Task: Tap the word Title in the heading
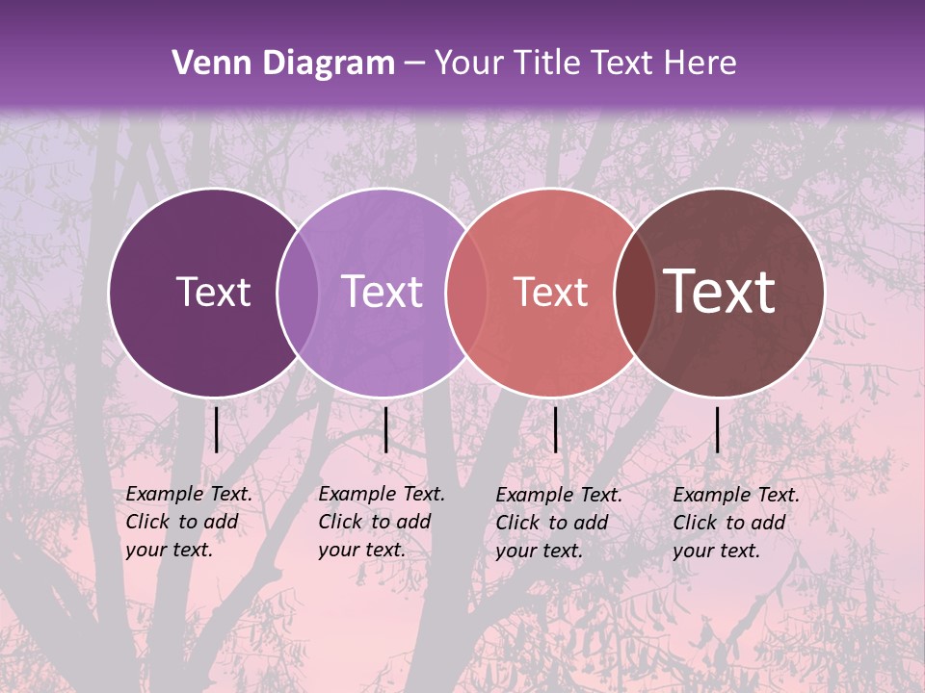[546, 64]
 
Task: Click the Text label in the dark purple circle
[213, 292]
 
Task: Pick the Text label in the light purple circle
[383, 292]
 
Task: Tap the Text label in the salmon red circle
[550, 293]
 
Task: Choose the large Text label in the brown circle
[720, 292]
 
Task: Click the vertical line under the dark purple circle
[217, 429]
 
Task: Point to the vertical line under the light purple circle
[385, 429]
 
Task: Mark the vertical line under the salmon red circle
[555, 429]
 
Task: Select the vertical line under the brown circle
[717, 429]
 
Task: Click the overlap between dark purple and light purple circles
[298, 293]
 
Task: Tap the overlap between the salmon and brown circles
[632, 293]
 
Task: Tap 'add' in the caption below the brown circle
[767, 523]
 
